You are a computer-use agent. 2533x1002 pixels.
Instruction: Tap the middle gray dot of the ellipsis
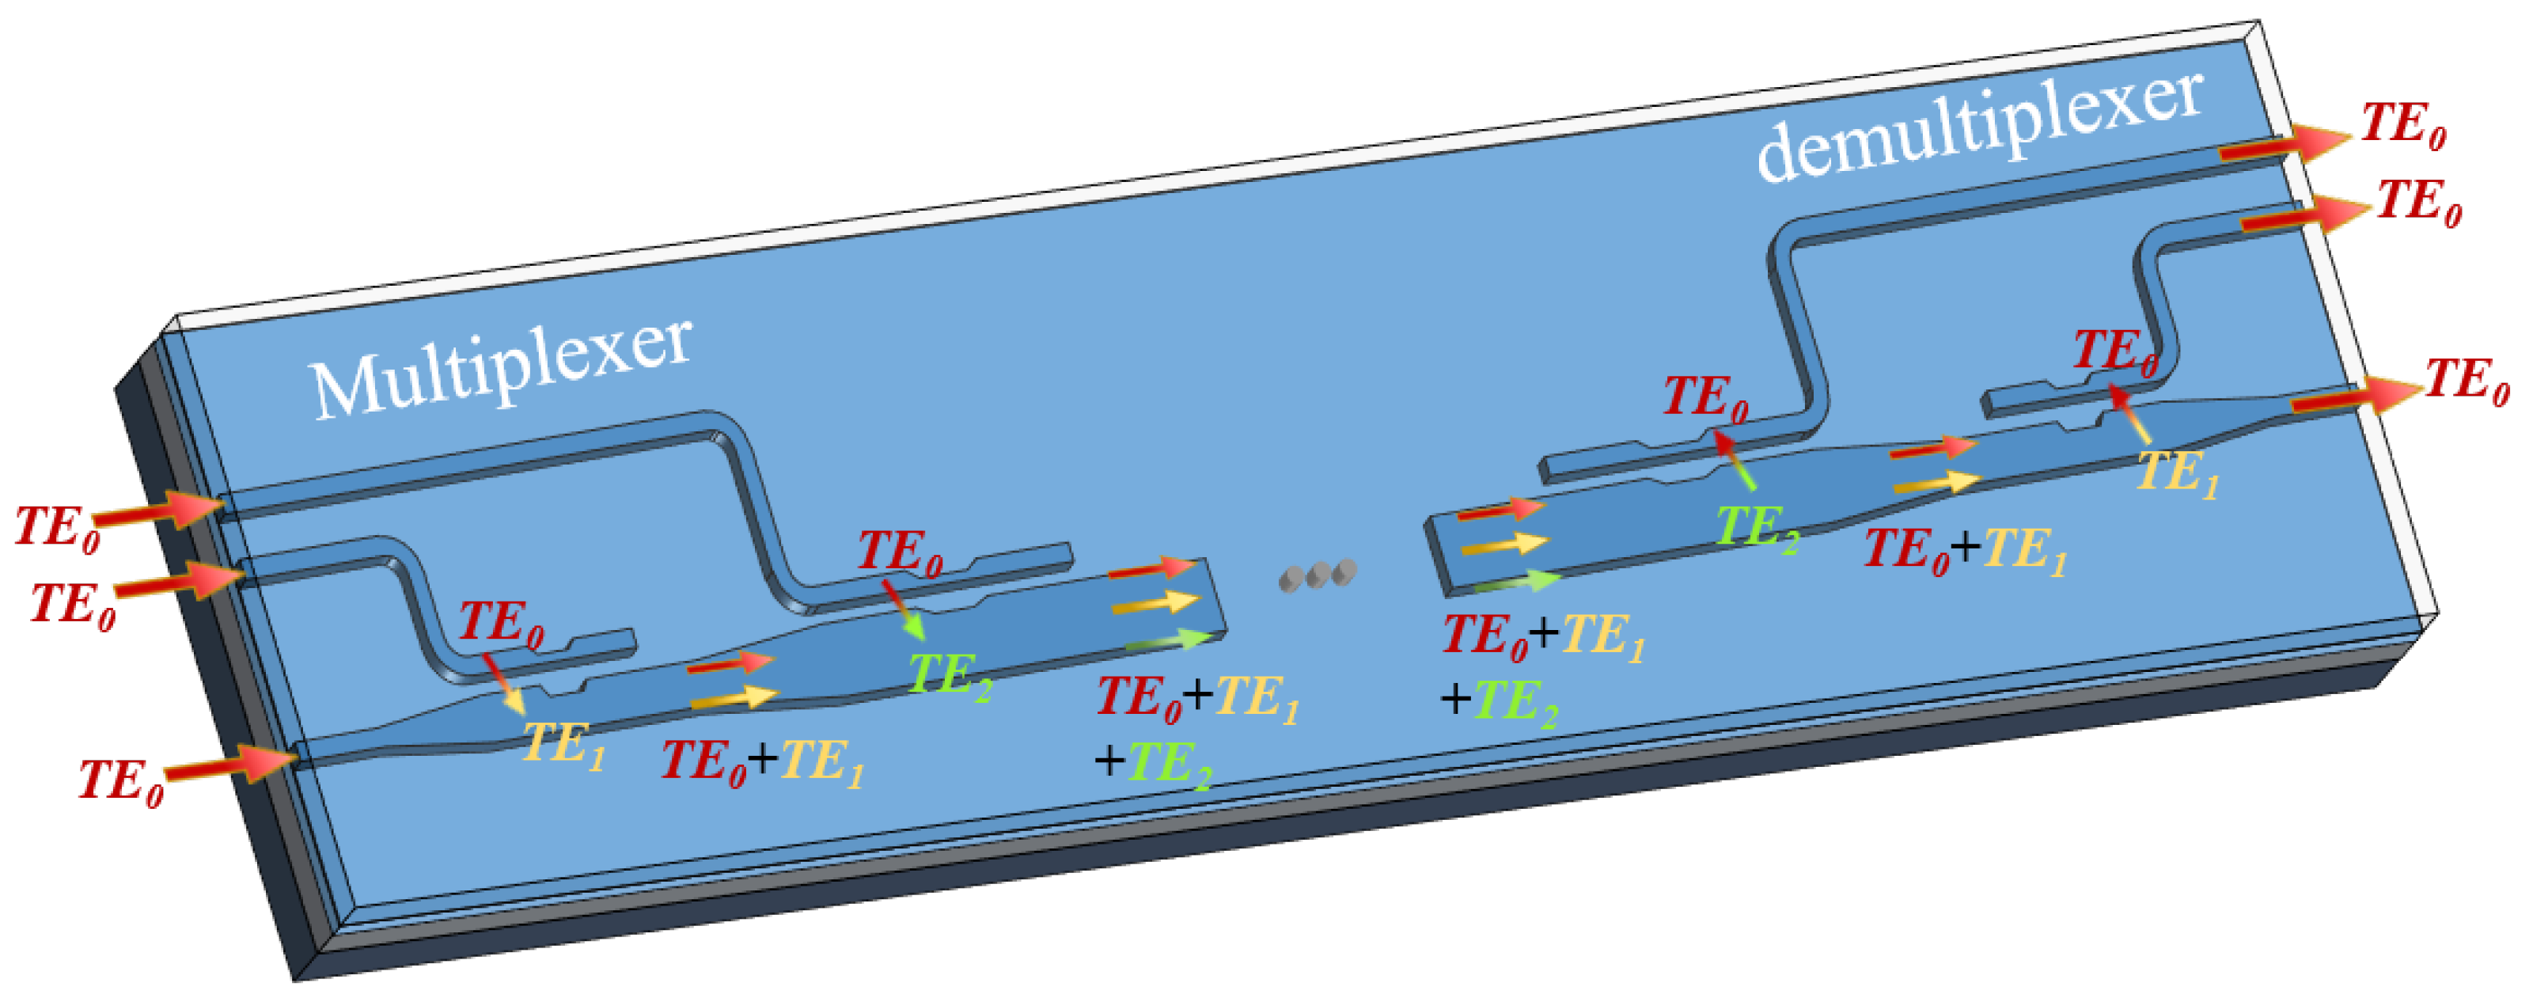point(1318,575)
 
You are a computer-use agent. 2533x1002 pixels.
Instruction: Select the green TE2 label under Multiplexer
point(949,677)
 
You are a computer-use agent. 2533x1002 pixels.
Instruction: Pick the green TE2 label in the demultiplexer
point(1758,528)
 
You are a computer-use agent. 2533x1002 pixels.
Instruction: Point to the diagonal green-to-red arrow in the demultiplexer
point(1735,458)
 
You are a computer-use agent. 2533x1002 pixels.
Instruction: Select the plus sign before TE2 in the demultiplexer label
point(1455,699)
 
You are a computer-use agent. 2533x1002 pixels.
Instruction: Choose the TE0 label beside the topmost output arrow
point(2403,126)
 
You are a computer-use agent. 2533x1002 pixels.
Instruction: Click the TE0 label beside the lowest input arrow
point(121,782)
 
